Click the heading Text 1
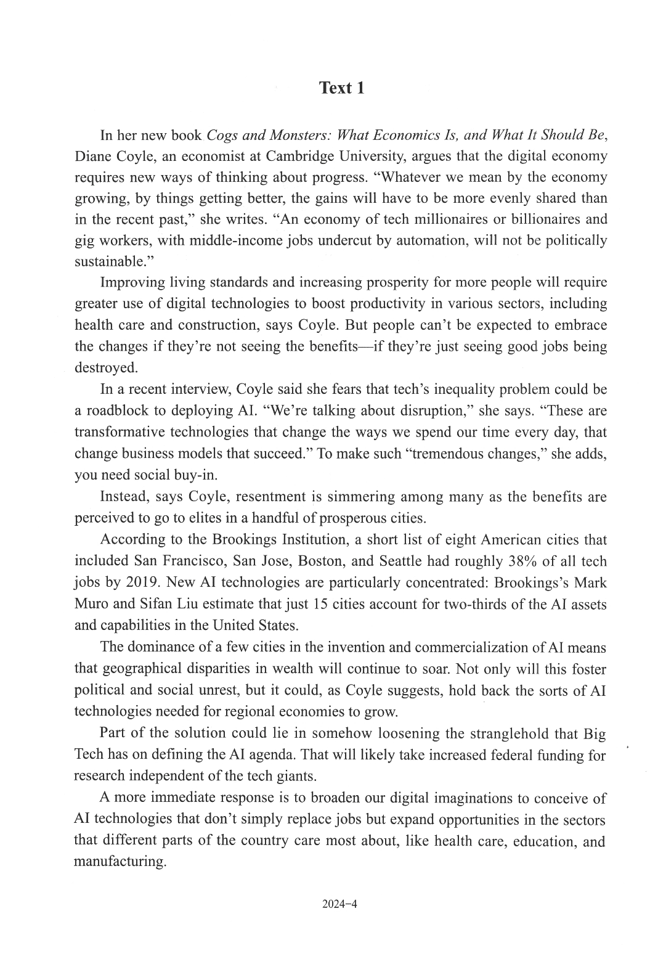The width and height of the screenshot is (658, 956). pos(341,88)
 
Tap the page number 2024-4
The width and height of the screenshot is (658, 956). pos(339,904)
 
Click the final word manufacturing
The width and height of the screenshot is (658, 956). pos(120,861)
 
